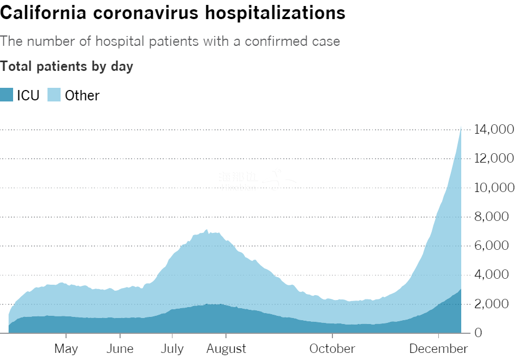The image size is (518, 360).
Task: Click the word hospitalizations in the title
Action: [x=275, y=13]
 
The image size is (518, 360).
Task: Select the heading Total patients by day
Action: [x=67, y=67]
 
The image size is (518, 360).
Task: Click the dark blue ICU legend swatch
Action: [x=7, y=95]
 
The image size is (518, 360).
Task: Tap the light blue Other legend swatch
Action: [x=54, y=95]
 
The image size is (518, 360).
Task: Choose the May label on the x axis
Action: [x=66, y=349]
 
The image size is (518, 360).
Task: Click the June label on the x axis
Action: [x=119, y=349]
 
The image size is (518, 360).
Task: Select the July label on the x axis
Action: [x=172, y=349]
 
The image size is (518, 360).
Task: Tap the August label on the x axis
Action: [x=226, y=349]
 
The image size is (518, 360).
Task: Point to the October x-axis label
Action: [x=332, y=349]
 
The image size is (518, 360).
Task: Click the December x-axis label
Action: [x=439, y=349]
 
